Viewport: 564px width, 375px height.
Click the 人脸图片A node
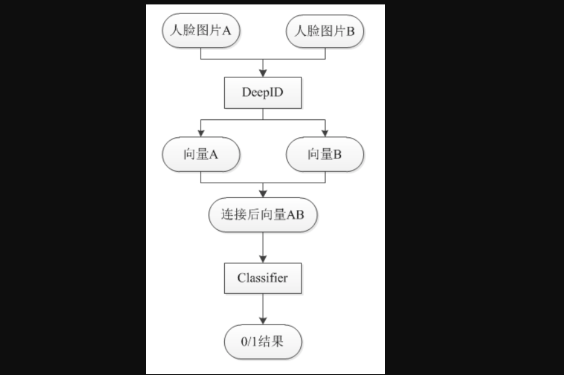201,31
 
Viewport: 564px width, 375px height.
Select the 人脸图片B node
325,31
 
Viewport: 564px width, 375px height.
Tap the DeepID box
263,93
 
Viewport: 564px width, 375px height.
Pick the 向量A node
201,154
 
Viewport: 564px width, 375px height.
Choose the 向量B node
325,154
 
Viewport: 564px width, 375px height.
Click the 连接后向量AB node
263,215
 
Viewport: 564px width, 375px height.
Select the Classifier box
263,278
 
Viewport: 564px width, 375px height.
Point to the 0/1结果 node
263,342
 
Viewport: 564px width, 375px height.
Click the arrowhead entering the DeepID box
263,73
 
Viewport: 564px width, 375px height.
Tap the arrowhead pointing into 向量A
201,133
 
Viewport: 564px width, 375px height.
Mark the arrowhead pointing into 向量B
325,133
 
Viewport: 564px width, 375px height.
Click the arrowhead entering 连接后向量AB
263,194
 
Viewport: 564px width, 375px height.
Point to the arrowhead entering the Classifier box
263,259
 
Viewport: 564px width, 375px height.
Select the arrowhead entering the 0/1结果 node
263,320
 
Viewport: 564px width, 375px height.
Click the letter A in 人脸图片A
226,31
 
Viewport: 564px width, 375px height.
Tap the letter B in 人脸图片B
350,31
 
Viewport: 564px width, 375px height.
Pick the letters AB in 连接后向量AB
295,215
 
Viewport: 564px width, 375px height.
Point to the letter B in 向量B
338,155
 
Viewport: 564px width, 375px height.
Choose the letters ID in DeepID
276,93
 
